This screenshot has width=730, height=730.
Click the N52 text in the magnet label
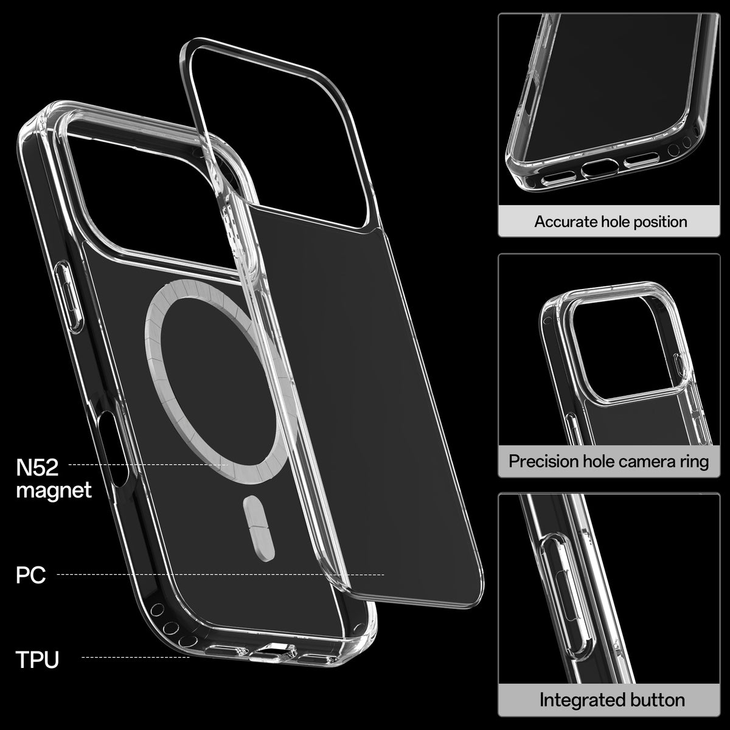(x=37, y=468)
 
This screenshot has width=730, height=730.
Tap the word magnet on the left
(x=54, y=490)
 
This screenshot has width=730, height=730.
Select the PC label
(x=30, y=575)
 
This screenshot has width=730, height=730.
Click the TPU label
(x=38, y=659)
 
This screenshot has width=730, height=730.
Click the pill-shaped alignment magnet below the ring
(x=259, y=528)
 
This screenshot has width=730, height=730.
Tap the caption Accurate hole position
(x=610, y=221)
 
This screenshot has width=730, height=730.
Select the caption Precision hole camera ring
(x=608, y=461)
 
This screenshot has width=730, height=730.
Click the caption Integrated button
(x=612, y=700)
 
